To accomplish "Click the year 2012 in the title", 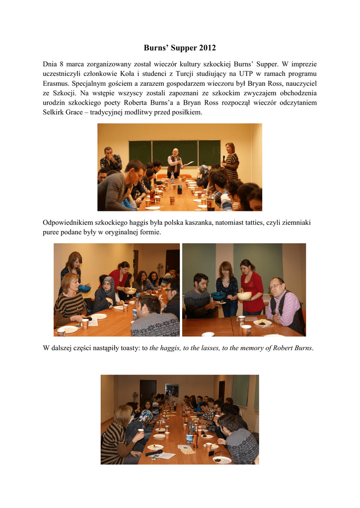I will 207,48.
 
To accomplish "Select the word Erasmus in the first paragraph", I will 57,83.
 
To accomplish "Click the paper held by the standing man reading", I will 188,163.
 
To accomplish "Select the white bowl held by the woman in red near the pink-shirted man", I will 244,296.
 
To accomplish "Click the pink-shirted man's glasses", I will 276,286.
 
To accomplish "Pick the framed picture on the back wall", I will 172,390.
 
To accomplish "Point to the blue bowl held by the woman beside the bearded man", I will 218,296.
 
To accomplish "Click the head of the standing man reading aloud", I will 175,151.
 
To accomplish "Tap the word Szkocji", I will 62,93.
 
